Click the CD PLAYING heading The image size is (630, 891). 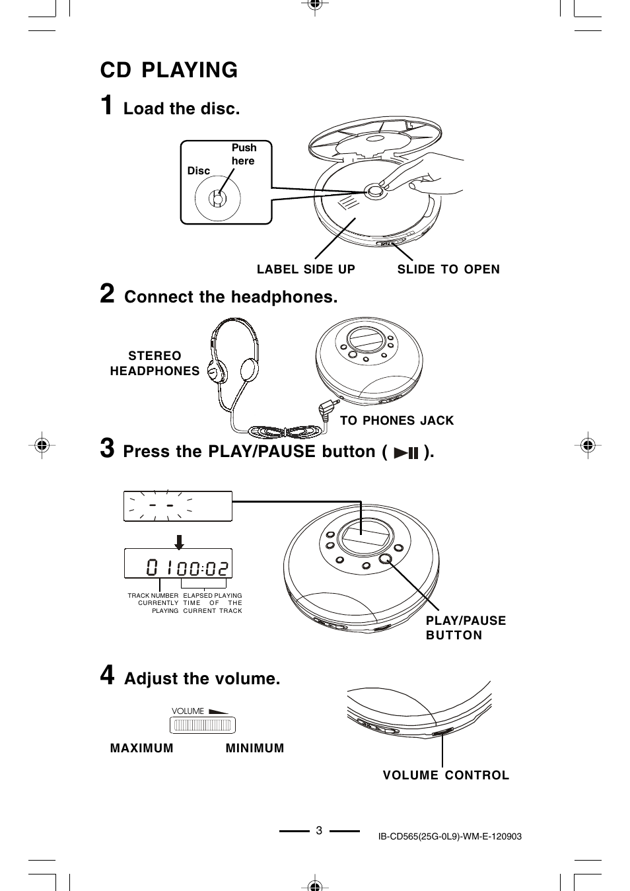[169, 70]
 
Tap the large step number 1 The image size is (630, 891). [107, 106]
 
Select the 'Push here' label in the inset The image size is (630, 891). [243, 154]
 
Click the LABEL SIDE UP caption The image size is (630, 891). [306, 269]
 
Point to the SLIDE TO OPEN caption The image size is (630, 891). [448, 269]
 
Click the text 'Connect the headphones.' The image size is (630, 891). [230, 297]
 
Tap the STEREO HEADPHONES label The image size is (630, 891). [155, 363]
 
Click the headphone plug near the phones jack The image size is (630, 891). [328, 409]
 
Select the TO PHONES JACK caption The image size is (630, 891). [397, 421]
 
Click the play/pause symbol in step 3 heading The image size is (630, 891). [406, 453]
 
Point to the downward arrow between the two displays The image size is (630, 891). [178, 541]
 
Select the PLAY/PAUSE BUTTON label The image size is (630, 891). [466, 627]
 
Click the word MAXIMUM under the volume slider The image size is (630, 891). [141, 748]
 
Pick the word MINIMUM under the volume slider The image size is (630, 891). [255, 748]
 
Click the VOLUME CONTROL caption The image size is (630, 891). [446, 775]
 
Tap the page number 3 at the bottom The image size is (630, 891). [319, 831]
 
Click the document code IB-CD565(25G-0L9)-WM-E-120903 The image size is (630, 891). [450, 836]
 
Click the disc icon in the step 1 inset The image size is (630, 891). [217, 198]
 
